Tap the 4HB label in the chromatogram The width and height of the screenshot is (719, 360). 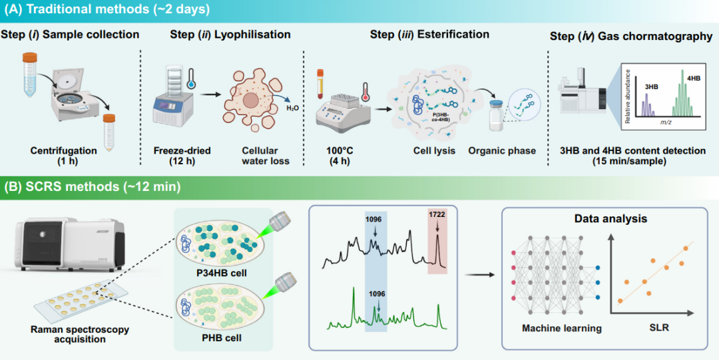tap(692, 78)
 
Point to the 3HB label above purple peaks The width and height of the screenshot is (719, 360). tap(652, 87)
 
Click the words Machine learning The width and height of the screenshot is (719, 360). tap(561, 328)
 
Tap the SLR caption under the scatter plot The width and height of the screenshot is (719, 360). tap(658, 328)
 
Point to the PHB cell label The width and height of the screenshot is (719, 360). tap(222, 338)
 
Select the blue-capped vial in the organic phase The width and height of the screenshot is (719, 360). tap(497, 116)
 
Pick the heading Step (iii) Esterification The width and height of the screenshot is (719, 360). tap(429, 35)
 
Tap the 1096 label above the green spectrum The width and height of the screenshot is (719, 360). tap(377, 293)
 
